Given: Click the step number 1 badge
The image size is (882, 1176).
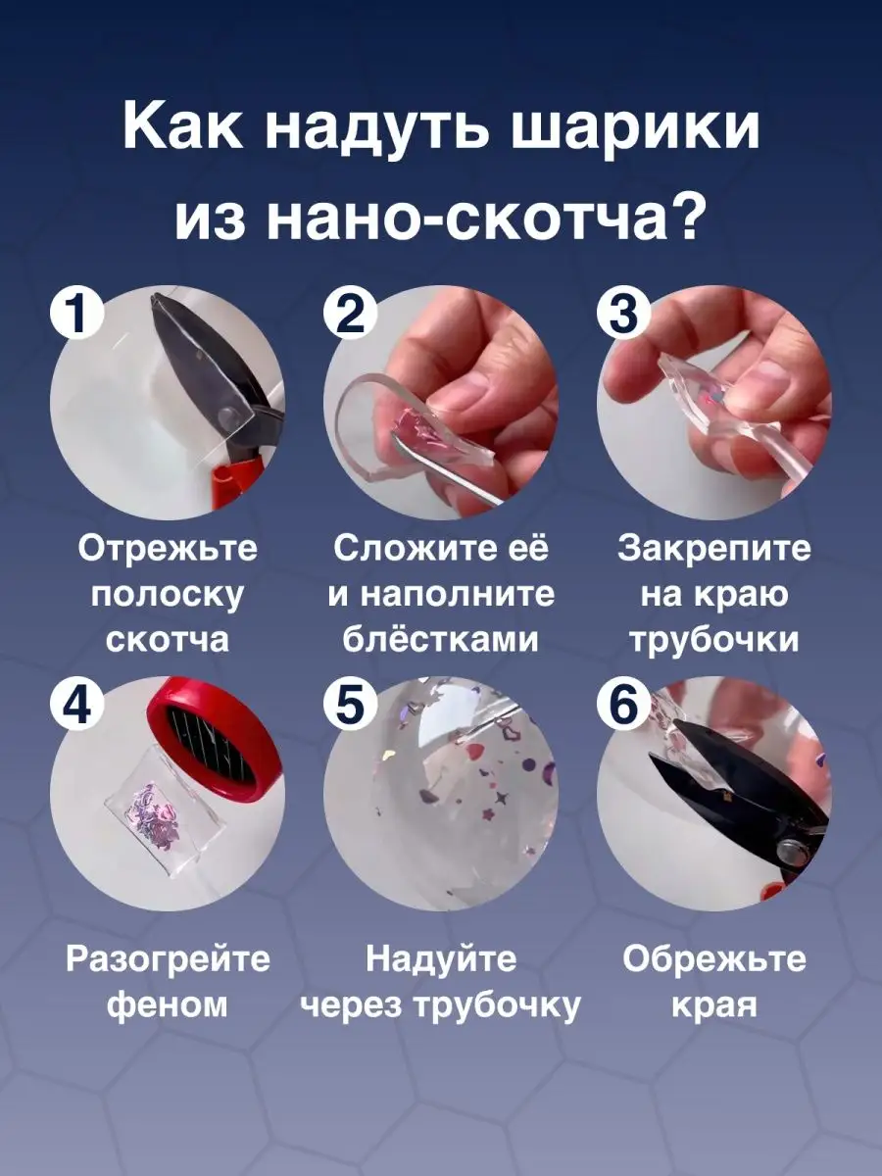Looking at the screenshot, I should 77,315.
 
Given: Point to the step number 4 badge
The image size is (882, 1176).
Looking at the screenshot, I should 77,703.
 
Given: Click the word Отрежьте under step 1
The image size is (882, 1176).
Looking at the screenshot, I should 168,549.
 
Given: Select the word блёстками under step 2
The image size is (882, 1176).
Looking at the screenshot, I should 441,639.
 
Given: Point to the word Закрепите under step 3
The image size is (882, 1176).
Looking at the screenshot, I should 713,549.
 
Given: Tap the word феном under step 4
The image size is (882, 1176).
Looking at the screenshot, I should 168,1004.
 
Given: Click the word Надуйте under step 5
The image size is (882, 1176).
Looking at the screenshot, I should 441,958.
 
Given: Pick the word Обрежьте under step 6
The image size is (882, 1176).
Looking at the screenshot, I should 713,958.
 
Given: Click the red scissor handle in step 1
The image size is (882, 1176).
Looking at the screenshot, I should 235,485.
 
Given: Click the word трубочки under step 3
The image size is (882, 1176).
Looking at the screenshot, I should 713,639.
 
